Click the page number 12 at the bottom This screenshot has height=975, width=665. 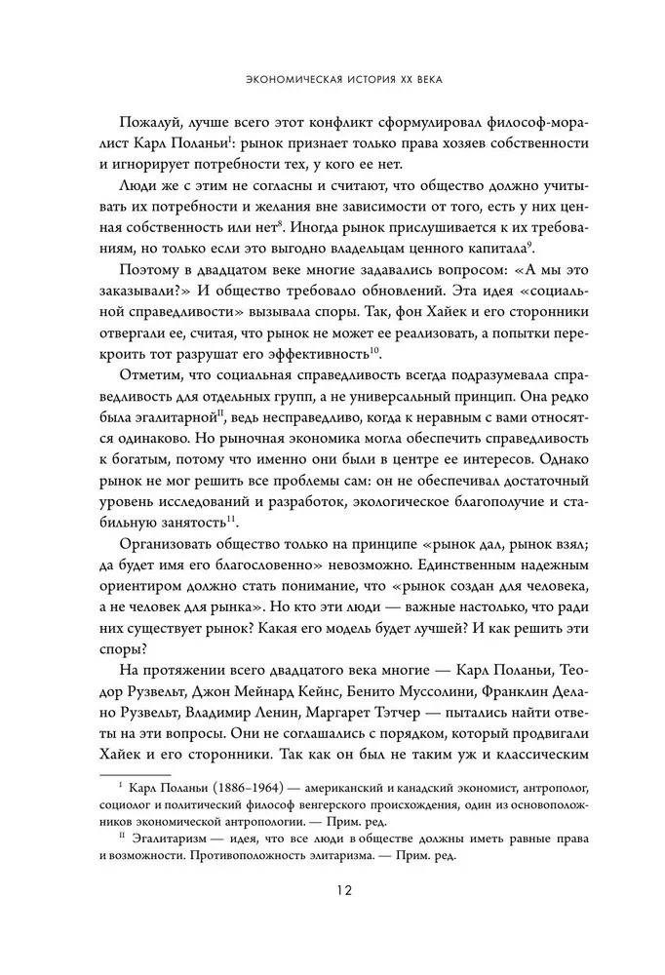(x=332, y=890)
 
